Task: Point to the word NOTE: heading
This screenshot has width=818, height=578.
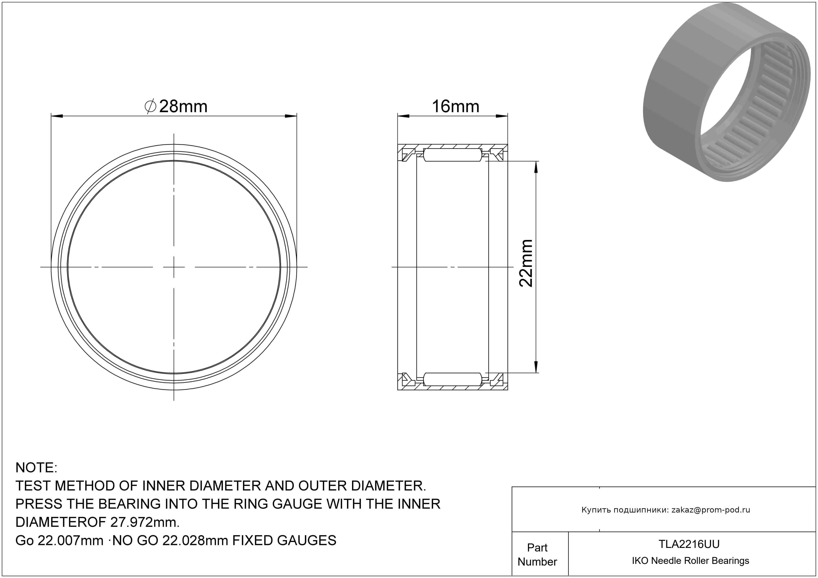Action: pyautogui.click(x=36, y=468)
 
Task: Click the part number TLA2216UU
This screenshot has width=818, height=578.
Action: pyautogui.click(x=689, y=544)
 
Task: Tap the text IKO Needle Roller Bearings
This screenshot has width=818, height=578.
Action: pyautogui.click(x=690, y=561)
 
